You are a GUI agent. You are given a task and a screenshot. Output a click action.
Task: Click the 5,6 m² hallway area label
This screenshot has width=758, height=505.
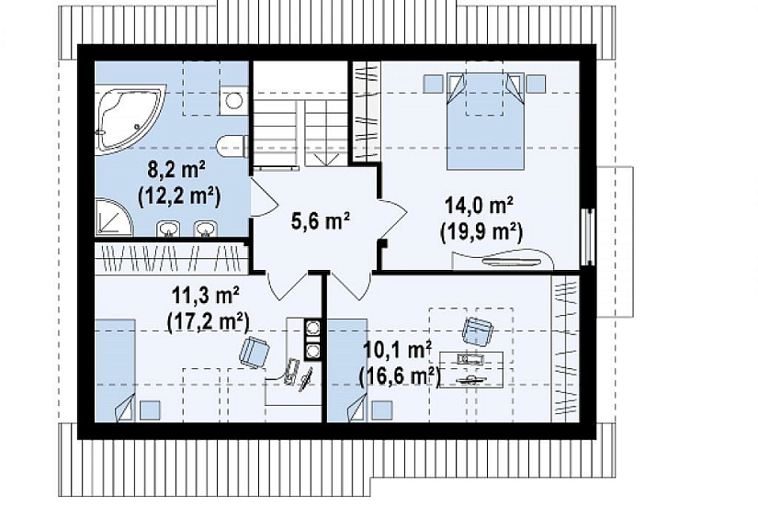(x=321, y=221)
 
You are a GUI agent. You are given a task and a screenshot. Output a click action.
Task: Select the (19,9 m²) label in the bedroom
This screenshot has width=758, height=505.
(x=481, y=233)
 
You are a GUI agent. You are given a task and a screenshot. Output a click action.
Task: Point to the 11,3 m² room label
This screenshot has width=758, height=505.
(x=206, y=296)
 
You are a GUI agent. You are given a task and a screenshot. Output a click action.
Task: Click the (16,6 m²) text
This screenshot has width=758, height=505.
(x=400, y=376)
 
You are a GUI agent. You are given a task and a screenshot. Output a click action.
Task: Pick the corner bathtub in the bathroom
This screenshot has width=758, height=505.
(x=127, y=118)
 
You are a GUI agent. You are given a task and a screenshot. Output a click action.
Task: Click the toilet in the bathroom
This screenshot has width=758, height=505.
(x=232, y=145)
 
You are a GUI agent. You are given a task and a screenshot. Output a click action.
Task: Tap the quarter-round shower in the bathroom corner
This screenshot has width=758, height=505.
(x=113, y=217)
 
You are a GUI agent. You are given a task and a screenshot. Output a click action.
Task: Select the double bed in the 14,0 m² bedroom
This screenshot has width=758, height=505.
(x=485, y=121)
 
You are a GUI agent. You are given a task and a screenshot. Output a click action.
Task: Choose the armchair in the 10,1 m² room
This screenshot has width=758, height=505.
(x=477, y=331)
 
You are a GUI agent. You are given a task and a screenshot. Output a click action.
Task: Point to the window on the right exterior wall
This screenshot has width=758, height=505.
(x=588, y=237)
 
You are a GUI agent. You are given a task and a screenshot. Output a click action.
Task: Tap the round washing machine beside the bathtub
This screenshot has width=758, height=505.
(x=234, y=100)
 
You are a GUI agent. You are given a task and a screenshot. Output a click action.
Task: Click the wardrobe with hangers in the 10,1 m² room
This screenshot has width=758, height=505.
(x=565, y=348)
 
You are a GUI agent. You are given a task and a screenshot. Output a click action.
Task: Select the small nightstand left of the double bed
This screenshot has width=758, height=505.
(x=433, y=84)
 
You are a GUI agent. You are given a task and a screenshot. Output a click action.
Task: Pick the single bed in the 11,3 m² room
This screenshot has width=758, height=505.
(x=115, y=370)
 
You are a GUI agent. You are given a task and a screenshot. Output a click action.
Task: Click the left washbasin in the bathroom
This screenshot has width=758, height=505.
(x=167, y=229)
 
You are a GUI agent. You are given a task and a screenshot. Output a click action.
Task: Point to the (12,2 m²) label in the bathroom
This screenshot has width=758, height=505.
(x=179, y=196)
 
